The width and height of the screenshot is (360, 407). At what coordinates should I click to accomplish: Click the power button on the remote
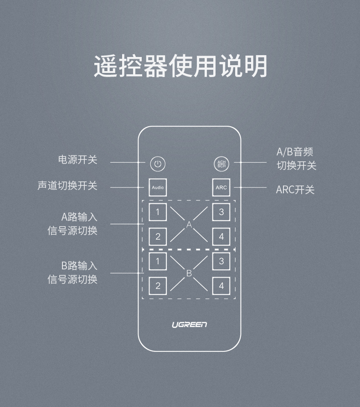158,164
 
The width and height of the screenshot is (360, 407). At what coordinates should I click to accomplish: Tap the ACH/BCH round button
221,164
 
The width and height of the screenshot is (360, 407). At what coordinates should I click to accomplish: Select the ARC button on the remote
221,187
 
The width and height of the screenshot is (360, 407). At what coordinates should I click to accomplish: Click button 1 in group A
158,212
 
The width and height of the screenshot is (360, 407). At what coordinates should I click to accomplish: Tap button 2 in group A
158,236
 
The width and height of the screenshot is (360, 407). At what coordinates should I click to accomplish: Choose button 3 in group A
221,212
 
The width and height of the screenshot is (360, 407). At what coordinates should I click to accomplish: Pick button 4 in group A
221,236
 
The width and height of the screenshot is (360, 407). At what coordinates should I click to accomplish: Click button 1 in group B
158,261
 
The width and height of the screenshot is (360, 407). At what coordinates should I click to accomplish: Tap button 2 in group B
158,286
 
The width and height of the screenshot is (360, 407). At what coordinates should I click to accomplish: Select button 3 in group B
221,261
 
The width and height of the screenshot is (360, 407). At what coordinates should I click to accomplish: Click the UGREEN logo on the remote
189,325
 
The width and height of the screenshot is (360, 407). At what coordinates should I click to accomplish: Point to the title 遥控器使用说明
180,67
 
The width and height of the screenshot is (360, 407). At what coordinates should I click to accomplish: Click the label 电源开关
77,160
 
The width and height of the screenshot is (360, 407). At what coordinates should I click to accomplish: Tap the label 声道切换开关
67,186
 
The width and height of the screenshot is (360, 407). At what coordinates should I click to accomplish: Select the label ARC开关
295,190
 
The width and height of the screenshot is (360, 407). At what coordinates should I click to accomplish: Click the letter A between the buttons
189,225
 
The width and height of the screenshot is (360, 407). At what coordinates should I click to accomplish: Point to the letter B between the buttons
189,273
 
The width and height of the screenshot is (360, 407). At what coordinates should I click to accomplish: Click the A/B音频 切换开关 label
296,159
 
